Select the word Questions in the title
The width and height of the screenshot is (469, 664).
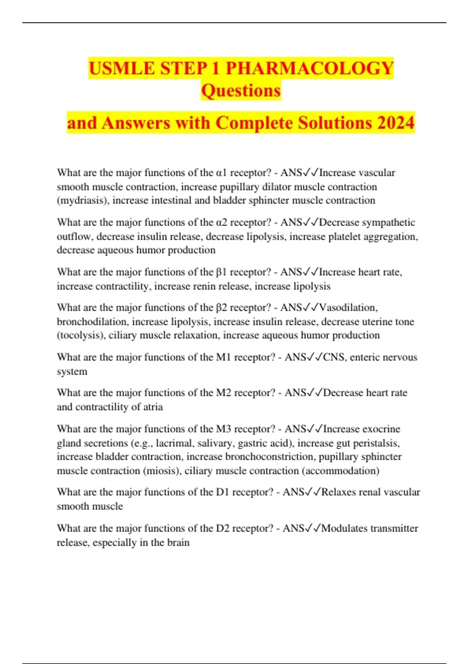[x=241, y=91]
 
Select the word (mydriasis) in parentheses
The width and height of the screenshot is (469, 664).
[x=83, y=200]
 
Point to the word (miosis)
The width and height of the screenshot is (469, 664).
[x=161, y=471]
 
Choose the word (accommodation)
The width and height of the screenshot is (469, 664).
[x=340, y=471]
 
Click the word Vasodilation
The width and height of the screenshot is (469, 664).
[x=348, y=307]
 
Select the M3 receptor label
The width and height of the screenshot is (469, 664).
[x=224, y=429]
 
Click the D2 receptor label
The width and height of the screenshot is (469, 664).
[x=223, y=528]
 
